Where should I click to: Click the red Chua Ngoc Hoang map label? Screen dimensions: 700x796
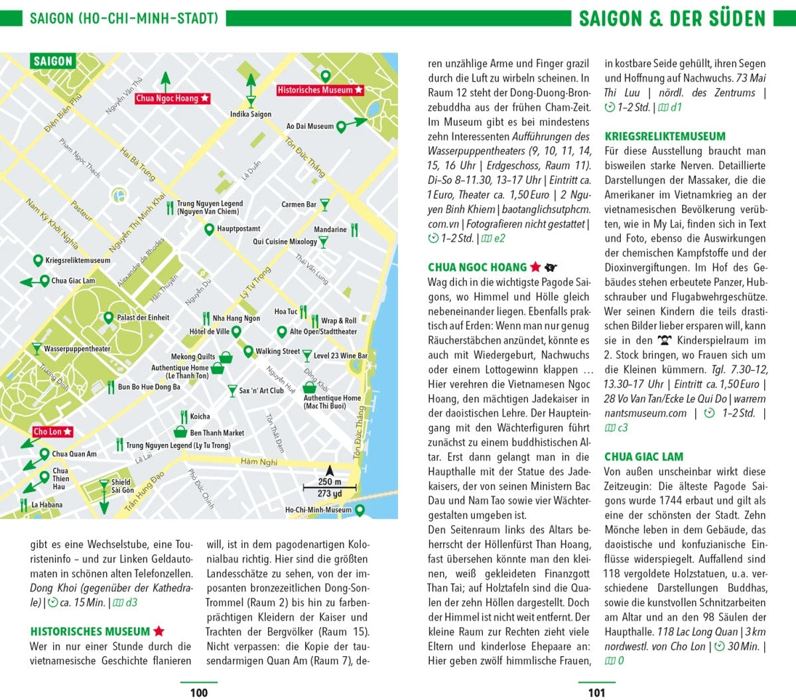(172, 98)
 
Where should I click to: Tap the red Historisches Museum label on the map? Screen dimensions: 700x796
(320, 90)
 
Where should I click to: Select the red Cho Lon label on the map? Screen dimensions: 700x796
(52, 432)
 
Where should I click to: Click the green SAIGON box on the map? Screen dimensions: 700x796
(53, 62)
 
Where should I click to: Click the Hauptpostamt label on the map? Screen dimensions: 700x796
(238, 229)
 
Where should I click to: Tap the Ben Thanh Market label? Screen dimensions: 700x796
(217, 433)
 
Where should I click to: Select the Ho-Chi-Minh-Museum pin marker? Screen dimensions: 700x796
(360, 510)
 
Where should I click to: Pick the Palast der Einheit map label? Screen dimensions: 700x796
(143, 318)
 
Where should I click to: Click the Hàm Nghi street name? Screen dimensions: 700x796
(259, 462)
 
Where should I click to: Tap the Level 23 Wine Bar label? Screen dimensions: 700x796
(340, 356)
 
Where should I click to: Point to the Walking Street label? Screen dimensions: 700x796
(277, 351)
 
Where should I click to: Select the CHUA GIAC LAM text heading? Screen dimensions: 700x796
(643, 457)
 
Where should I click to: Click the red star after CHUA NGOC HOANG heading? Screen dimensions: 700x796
(535, 267)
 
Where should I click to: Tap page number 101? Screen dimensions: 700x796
(596, 693)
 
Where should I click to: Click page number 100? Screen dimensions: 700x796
(199, 693)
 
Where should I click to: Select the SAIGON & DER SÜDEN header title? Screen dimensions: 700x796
(672, 18)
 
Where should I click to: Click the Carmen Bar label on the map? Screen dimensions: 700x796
(298, 204)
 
